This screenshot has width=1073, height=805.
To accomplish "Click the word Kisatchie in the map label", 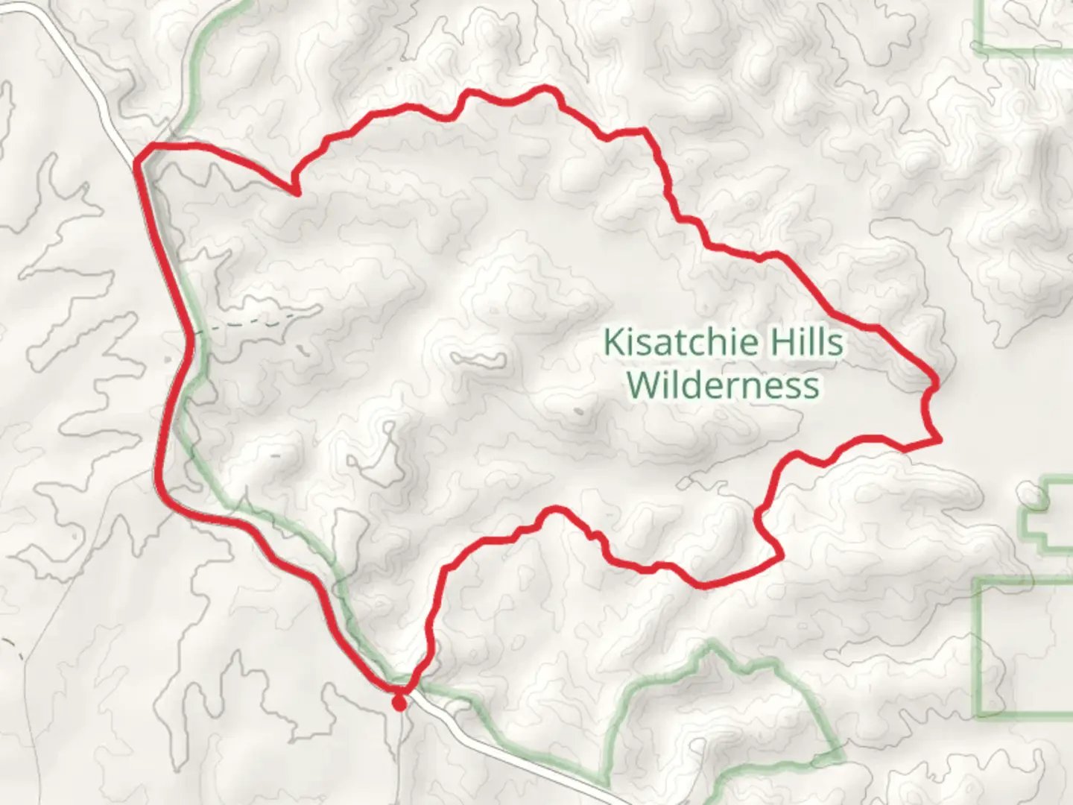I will (676, 343).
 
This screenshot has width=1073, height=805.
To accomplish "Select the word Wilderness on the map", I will (723, 386).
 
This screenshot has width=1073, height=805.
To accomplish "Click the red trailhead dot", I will (400, 702).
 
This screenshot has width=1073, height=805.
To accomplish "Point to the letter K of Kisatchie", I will (613, 343).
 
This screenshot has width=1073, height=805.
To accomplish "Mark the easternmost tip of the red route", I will (940, 441).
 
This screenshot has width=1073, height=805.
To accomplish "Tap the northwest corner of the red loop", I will (139, 157).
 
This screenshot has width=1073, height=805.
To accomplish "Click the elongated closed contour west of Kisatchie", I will (477, 361).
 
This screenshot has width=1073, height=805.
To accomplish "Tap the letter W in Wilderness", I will (639, 386).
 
